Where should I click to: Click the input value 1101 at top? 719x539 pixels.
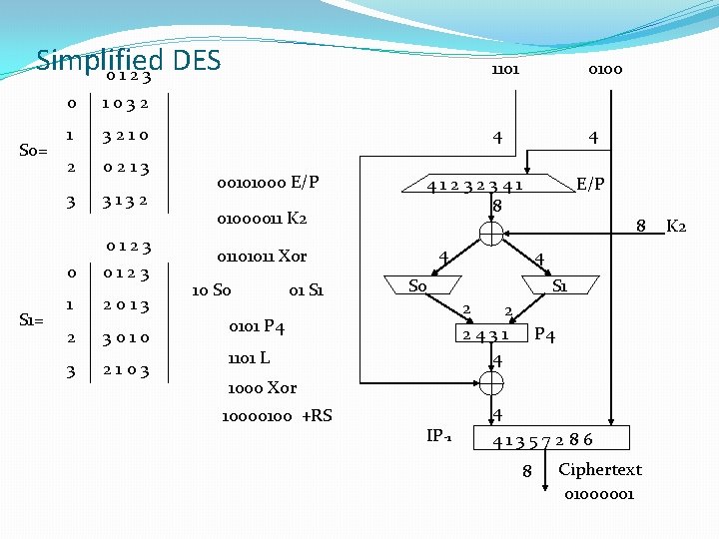tap(504, 70)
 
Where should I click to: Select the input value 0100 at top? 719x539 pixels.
tap(605, 70)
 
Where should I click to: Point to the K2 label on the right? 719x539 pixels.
tap(675, 226)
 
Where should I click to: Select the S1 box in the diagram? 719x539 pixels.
tap(560, 286)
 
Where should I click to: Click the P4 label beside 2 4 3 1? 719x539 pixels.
tap(544, 334)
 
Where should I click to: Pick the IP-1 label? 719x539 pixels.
tap(439, 435)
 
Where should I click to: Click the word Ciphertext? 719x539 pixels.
tap(600, 469)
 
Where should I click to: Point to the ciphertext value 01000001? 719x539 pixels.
tap(598, 493)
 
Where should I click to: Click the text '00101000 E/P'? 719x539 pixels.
tap(269, 184)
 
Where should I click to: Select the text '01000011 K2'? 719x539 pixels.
tap(262, 219)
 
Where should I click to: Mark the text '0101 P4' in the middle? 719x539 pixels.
tap(257, 326)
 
